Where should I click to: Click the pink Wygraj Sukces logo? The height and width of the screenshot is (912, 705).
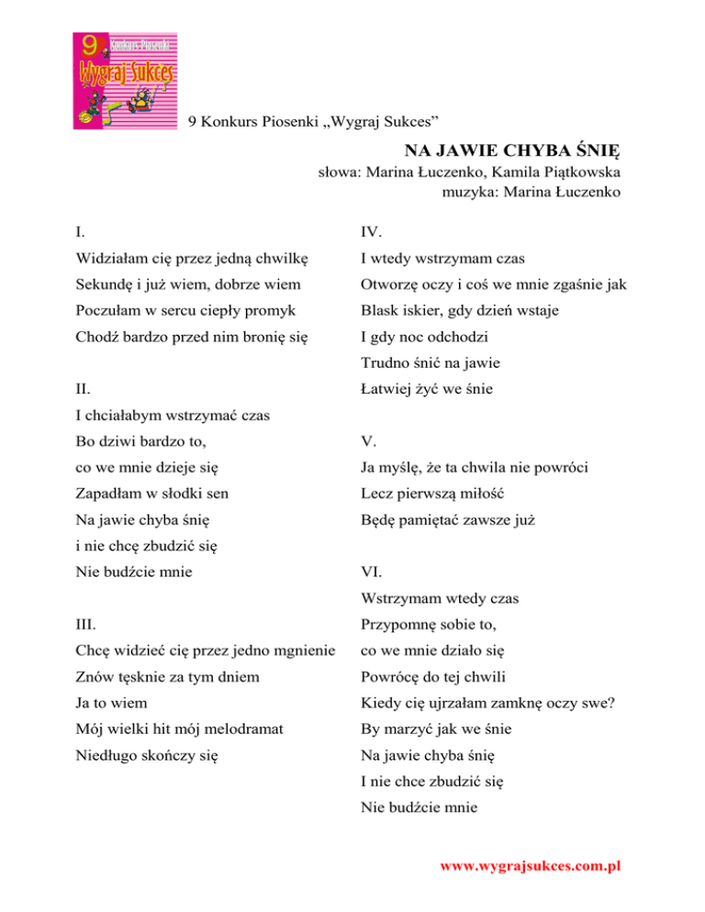click(x=126, y=81)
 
